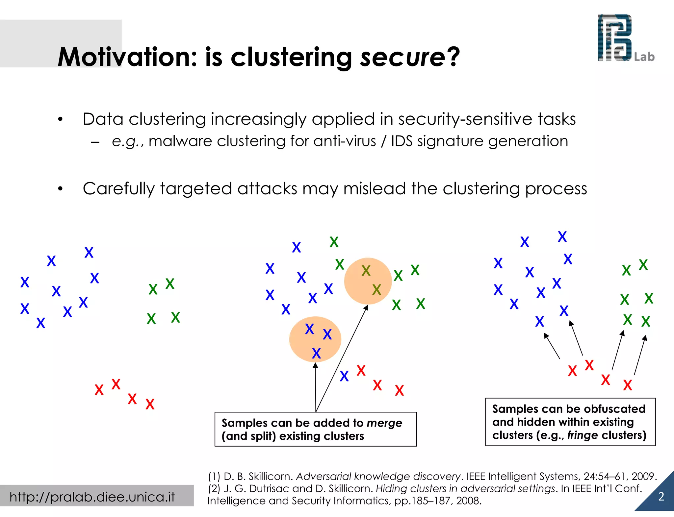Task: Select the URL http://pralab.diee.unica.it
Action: (x=92, y=497)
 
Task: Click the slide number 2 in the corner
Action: (x=661, y=497)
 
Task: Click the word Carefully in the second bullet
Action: (x=118, y=189)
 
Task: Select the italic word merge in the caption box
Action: (x=384, y=423)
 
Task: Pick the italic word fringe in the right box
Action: (x=583, y=435)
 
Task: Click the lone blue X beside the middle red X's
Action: (x=344, y=376)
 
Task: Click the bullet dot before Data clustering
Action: (x=60, y=119)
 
